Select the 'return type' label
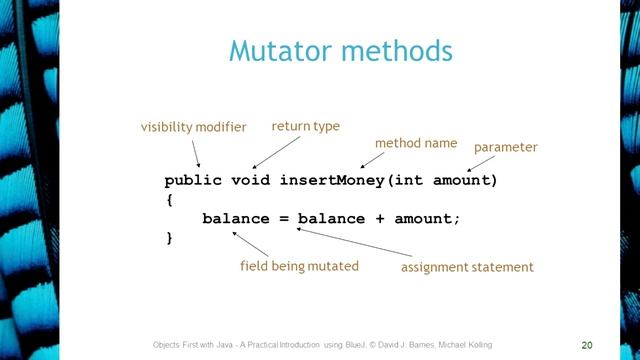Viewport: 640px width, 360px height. click(305, 126)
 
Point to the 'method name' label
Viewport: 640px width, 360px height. click(415, 143)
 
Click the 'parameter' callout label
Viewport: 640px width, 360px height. click(505, 147)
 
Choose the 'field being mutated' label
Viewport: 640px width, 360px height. click(299, 266)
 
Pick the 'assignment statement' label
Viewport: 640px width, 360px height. click(467, 267)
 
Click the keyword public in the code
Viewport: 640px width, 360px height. click(193, 181)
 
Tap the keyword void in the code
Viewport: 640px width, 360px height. click(250, 181)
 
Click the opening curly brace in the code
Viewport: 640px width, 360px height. click(169, 200)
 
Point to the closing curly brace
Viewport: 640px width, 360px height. click(169, 238)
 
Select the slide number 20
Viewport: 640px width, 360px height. click(586, 344)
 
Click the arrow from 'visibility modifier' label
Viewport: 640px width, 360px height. click(197, 153)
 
